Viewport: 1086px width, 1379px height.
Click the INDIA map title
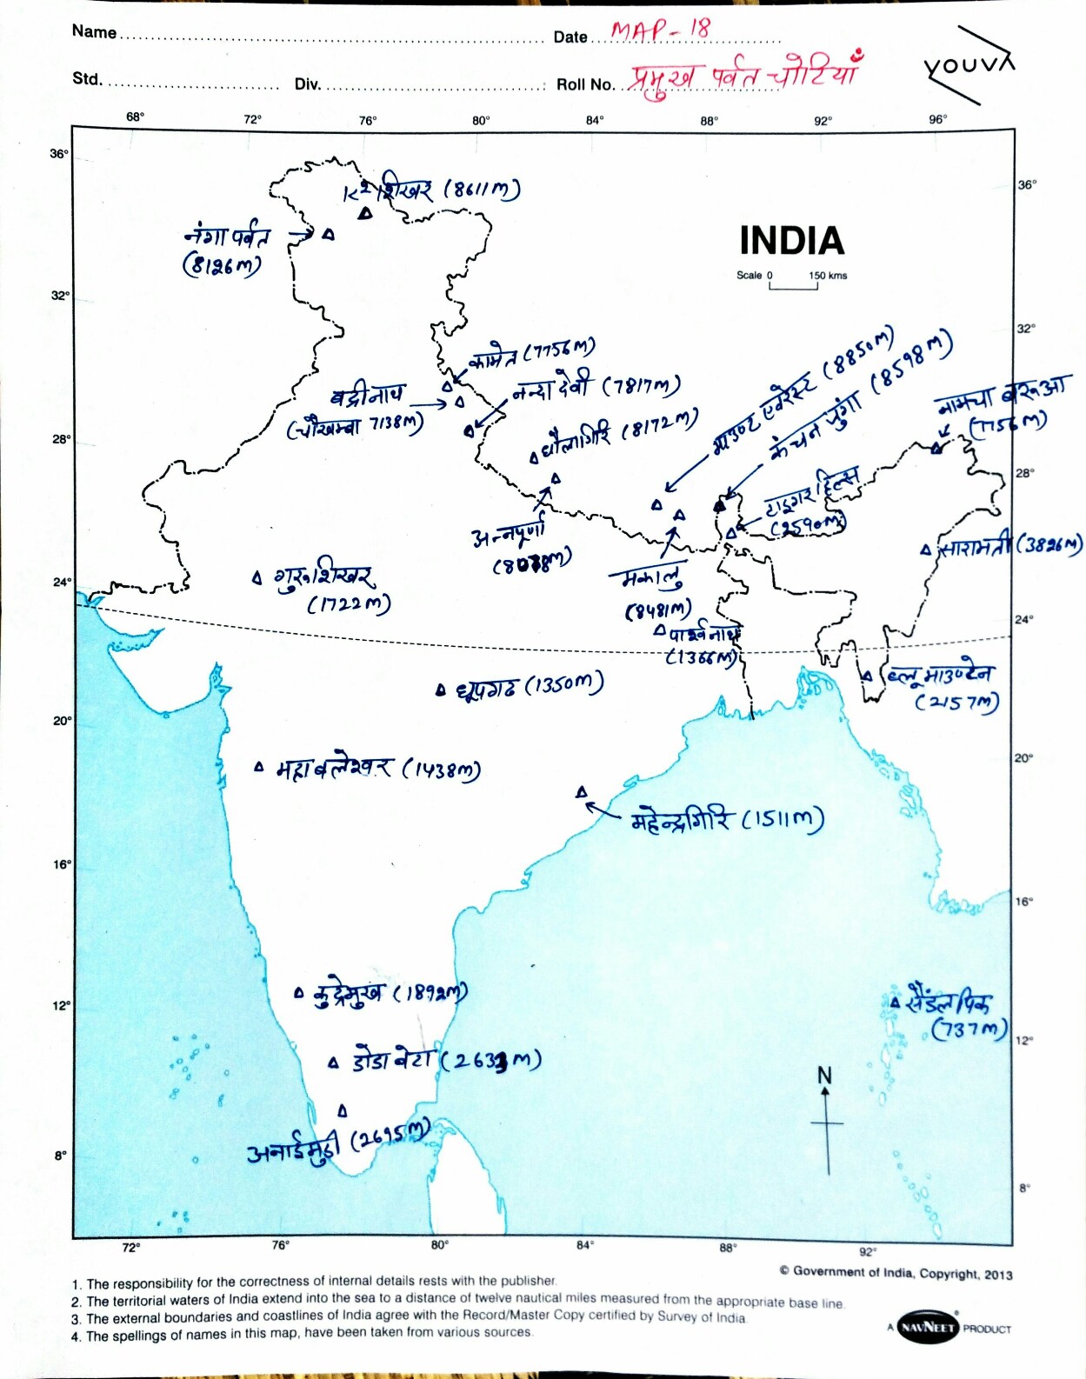coord(791,241)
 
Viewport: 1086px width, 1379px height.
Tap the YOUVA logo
coord(968,64)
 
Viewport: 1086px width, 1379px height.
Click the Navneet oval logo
coord(926,1327)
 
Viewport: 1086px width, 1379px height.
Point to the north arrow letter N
coord(825,1076)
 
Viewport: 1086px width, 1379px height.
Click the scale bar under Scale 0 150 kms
coord(793,286)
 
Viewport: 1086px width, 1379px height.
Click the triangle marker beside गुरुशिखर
coord(257,576)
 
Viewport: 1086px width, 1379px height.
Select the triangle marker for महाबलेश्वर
coord(258,767)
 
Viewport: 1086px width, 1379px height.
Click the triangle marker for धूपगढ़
coord(441,690)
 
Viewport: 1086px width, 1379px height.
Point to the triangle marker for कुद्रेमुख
coord(299,992)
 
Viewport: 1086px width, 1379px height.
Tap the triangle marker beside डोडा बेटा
coord(333,1063)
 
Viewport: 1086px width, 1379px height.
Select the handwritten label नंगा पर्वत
coord(227,236)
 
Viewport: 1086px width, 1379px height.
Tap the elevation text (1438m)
coord(441,769)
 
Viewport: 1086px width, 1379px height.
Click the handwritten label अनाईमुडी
coord(292,1149)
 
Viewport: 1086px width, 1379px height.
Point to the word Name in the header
coord(94,32)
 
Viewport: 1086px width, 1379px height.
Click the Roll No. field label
coord(585,84)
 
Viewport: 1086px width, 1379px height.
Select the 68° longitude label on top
coord(136,117)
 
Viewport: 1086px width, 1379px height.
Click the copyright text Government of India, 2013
coord(896,1273)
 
